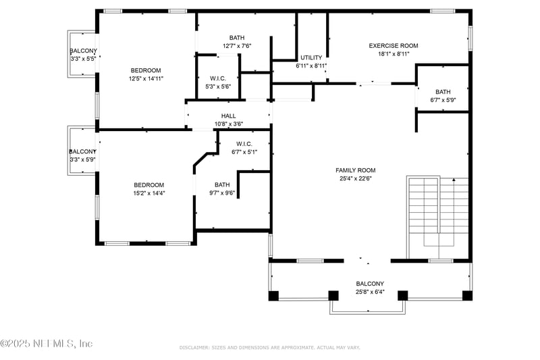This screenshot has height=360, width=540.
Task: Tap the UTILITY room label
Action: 311,58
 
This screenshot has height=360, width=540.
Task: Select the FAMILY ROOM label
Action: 356,170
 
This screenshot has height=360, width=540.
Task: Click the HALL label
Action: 228,116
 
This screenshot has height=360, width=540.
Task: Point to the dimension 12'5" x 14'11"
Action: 146,78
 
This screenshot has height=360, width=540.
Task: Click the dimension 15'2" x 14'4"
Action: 148,193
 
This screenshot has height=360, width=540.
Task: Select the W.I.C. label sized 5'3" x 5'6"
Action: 218,78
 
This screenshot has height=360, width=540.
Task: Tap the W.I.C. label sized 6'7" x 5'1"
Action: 244,144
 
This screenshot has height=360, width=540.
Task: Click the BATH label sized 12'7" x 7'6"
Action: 237,38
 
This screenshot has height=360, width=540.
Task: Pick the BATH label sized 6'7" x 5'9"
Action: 443,92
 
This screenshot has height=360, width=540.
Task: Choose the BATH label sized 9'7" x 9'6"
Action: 222,185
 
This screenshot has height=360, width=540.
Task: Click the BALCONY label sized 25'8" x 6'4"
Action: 370,284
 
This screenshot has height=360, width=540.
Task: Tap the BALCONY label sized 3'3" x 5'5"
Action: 84,51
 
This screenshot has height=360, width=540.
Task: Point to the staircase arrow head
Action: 454,180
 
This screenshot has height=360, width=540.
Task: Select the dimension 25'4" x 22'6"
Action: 356,179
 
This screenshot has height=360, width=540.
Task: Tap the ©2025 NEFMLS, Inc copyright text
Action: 47,343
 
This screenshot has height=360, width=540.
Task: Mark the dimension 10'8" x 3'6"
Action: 228,124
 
